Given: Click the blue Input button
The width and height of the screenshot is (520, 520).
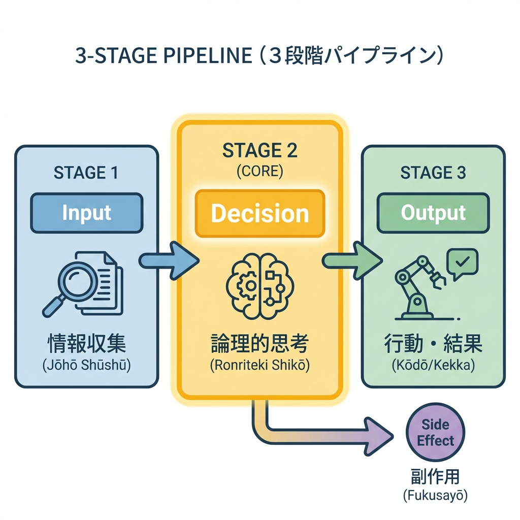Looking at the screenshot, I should [x=86, y=213].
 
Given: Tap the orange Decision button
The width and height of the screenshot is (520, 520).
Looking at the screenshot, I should [x=259, y=213].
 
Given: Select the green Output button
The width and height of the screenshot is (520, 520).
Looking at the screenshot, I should [x=433, y=213].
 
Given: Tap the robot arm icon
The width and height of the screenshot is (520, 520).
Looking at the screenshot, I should [x=417, y=289].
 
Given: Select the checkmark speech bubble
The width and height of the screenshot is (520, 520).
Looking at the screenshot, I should [x=461, y=264].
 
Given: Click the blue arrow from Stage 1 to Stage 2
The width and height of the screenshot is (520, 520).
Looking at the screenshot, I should [x=168, y=261].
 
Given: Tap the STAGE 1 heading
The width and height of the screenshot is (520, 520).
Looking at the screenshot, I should [x=86, y=173].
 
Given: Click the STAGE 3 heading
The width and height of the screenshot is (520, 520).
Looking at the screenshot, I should [x=433, y=173].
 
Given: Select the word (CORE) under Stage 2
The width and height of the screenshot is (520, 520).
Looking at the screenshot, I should [x=259, y=171].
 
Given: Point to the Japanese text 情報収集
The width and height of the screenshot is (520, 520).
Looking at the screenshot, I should [x=86, y=344].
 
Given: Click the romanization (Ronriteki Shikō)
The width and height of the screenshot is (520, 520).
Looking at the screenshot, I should [x=259, y=366].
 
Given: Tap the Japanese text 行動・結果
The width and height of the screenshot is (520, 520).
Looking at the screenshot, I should [x=433, y=344].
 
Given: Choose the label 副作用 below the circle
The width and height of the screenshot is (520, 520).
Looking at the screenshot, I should [x=435, y=477].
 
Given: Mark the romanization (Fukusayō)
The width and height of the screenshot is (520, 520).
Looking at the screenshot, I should [x=435, y=496].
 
